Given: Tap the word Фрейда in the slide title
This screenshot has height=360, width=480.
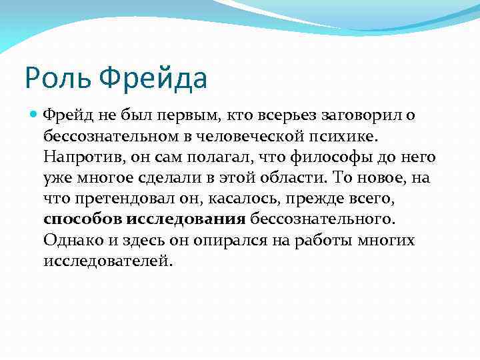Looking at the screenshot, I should [x=154, y=78].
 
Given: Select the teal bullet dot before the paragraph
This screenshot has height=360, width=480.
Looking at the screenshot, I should [x=35, y=115].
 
